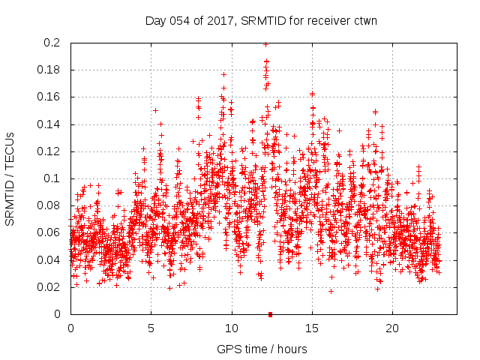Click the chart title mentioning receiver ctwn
click(x=260, y=21)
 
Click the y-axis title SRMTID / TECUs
click(x=10, y=178)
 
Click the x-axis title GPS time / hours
click(x=262, y=349)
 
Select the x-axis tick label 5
click(x=151, y=328)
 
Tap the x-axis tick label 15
click(x=311, y=328)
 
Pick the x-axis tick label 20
click(x=391, y=328)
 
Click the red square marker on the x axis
click(x=270, y=314)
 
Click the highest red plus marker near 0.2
click(x=265, y=44)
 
